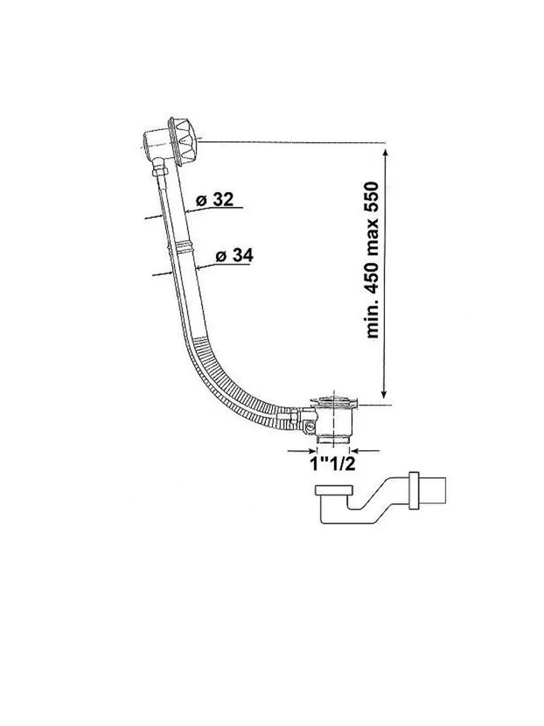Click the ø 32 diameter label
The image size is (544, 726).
(x=215, y=199)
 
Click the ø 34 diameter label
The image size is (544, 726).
(x=235, y=255)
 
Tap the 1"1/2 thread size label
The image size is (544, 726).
(x=332, y=463)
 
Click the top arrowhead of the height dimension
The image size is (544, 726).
(x=384, y=154)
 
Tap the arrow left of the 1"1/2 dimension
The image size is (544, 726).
(x=301, y=450)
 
